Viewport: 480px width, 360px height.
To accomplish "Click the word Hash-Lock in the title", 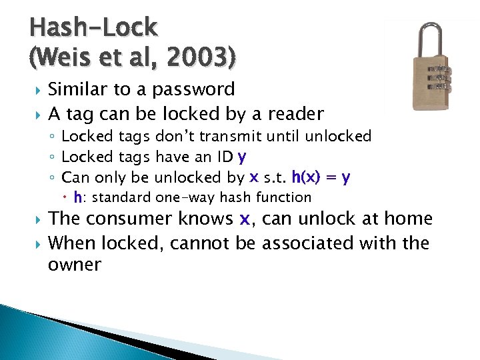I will tap(94, 27).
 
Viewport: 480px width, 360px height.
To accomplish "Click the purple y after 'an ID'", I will tap(242, 157).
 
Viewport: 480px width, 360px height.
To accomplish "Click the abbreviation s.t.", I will tap(275, 177).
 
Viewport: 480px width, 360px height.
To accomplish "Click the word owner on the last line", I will tap(75, 265).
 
